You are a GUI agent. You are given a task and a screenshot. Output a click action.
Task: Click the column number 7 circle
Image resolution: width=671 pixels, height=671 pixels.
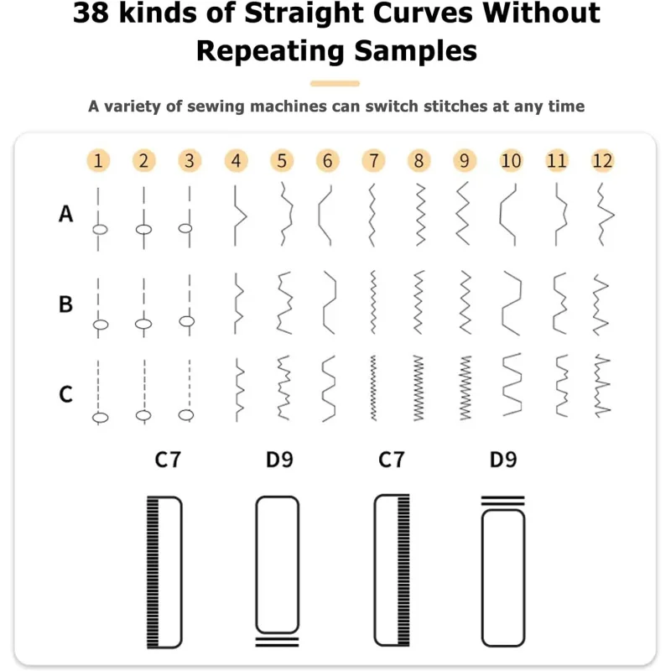point(373,161)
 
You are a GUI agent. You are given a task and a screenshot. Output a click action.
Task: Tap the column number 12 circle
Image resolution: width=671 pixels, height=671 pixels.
point(602,161)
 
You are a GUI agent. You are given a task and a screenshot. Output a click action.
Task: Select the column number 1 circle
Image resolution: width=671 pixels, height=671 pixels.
point(98,161)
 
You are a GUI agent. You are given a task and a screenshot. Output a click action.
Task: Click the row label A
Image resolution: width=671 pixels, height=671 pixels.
point(66,214)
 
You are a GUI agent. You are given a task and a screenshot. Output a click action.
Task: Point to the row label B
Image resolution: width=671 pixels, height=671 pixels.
point(65,304)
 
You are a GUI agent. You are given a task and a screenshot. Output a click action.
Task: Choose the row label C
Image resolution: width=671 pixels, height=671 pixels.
point(65,394)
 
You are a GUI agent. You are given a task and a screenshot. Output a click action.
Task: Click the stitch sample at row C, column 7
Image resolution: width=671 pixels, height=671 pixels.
point(373,388)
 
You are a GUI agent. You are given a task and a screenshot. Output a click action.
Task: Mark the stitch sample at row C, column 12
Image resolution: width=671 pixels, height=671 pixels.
point(602,385)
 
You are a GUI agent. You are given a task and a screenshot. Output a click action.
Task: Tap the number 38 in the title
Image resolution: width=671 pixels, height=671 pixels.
point(91,13)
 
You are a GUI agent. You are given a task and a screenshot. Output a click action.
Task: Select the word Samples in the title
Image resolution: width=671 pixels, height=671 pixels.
point(415,51)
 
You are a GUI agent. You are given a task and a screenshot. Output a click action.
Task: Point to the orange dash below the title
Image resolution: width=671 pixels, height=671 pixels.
point(335,83)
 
